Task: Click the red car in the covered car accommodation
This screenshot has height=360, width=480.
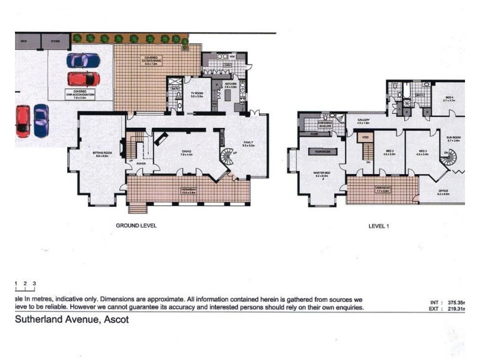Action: point(83,79)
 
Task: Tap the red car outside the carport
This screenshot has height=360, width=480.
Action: point(23,119)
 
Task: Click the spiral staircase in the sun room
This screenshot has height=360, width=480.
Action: point(449,158)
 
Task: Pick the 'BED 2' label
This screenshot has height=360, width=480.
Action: point(389,151)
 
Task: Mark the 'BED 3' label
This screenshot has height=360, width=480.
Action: point(423,151)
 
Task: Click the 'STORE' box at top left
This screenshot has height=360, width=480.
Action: point(56,41)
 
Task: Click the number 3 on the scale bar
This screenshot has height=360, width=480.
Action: point(35,283)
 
